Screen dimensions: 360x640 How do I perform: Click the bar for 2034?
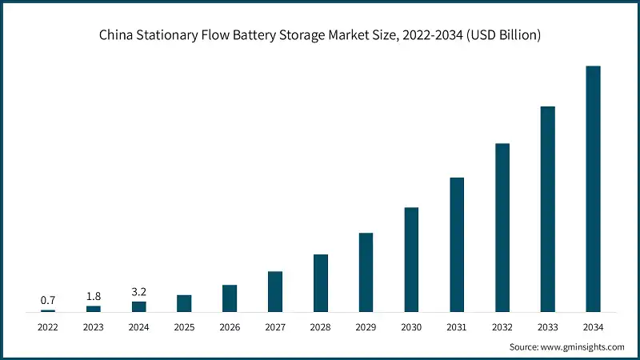pos(593,189)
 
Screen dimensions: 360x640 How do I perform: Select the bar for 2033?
pos(547,209)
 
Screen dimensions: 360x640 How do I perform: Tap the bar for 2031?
pos(457,244)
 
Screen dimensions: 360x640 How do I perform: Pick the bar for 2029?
pos(366,272)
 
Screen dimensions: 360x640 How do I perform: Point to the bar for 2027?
pos(275,291)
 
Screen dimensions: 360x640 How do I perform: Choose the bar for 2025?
pos(184,303)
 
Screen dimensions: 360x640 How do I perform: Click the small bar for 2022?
pos(48,310)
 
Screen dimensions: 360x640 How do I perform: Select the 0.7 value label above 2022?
pos(48,300)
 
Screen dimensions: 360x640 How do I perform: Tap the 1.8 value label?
pos(94,296)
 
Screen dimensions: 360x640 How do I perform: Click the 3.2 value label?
pos(138,292)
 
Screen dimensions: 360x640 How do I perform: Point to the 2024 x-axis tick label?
pos(138,327)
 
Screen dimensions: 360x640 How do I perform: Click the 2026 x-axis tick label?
pos(230,327)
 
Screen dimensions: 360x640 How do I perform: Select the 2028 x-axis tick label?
pos(320,327)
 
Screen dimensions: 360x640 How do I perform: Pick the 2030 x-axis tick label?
pos(411,327)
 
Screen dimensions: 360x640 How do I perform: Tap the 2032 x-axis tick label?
pos(502,327)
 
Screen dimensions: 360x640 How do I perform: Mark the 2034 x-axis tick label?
pos(593,327)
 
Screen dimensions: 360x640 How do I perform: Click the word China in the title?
pos(116,35)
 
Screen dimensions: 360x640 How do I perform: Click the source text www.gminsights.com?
pos(582,346)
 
